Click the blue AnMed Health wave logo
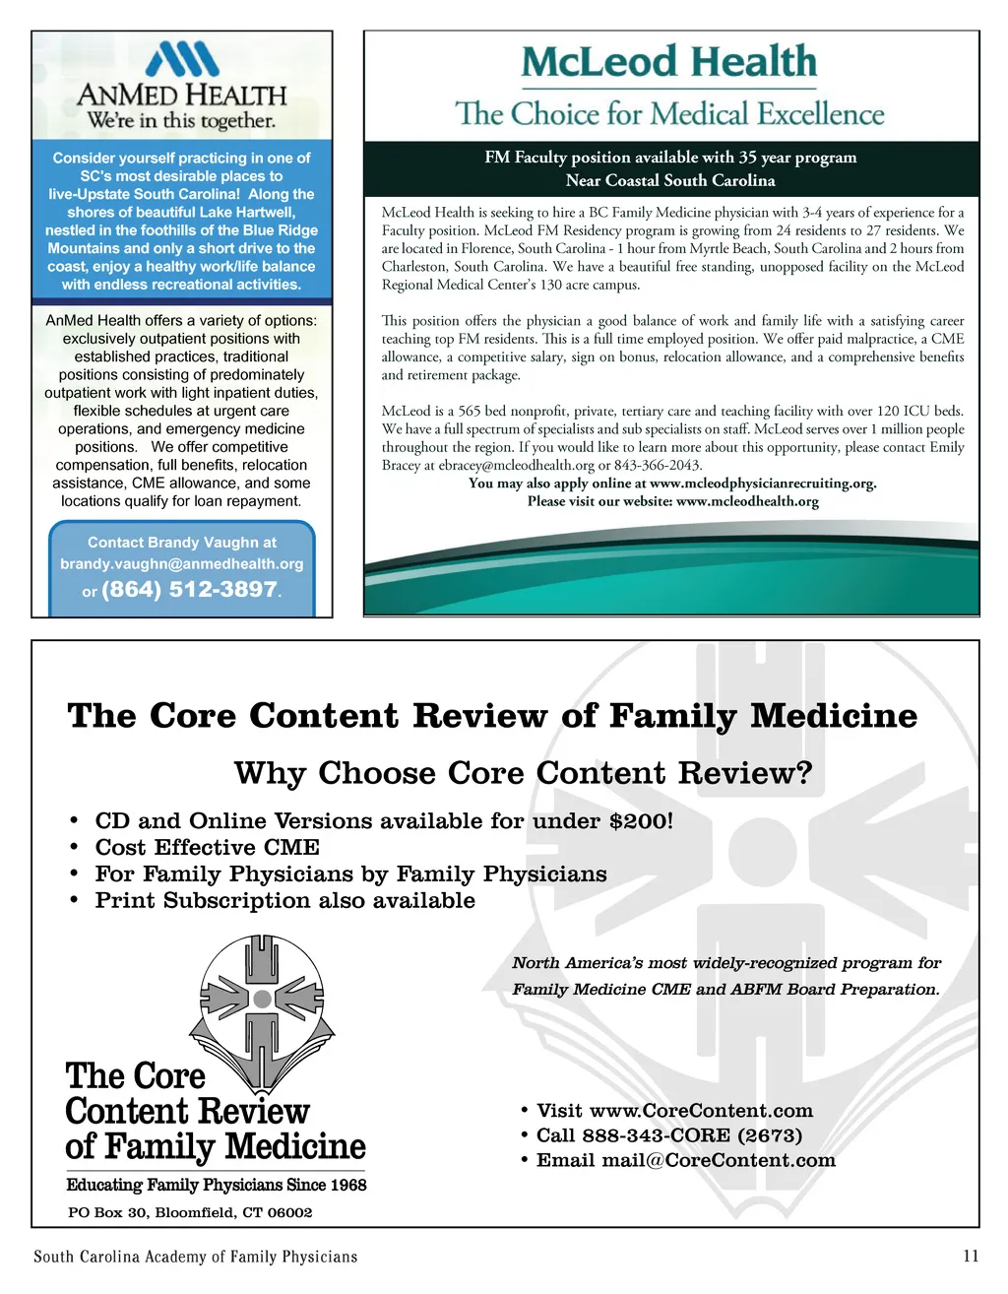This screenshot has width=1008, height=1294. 182,59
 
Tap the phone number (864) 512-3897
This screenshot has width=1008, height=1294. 190,589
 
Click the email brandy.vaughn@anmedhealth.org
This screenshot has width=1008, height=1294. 182,564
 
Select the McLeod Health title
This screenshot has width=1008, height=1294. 669,62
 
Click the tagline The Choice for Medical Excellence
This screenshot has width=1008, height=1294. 669,114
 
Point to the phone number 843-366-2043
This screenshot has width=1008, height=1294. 658,465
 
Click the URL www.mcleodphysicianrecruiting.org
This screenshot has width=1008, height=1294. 762,484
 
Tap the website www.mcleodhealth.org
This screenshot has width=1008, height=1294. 747,501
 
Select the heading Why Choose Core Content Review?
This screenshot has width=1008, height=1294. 524,773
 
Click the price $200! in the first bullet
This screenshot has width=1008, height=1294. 641,821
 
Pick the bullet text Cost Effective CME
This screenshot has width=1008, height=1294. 207,848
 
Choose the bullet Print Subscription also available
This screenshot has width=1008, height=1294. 284,901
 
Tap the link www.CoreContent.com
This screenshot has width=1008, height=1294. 701,1111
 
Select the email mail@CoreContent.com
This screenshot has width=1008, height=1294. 719,1160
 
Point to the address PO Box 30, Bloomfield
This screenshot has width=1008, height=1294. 189,1212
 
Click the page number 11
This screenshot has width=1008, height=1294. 971,1256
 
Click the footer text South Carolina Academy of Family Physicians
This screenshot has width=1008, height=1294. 195,1257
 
